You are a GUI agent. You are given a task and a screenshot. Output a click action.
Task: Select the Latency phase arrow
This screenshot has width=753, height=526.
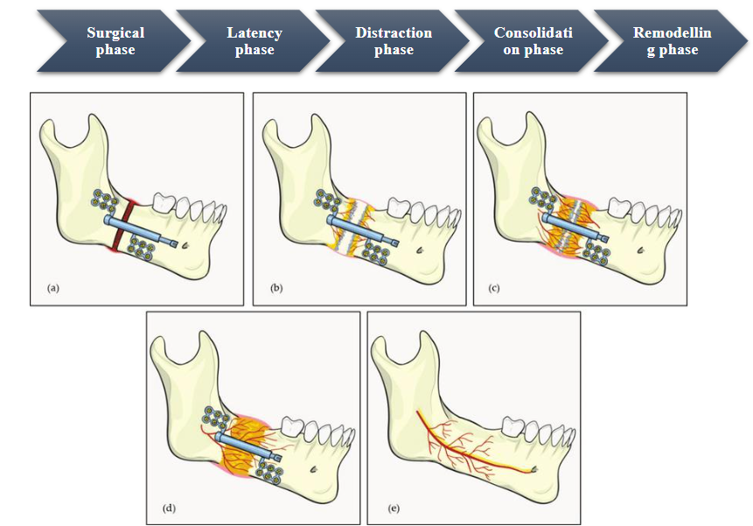254,41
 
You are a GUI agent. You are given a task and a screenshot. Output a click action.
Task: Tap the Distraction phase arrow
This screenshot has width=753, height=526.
393,41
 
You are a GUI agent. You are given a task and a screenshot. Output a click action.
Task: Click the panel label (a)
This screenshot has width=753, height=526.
52,286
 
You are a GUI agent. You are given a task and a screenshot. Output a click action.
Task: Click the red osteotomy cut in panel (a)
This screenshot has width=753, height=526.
128,220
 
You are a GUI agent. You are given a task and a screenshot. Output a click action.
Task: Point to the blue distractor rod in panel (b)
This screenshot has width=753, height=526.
363,230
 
